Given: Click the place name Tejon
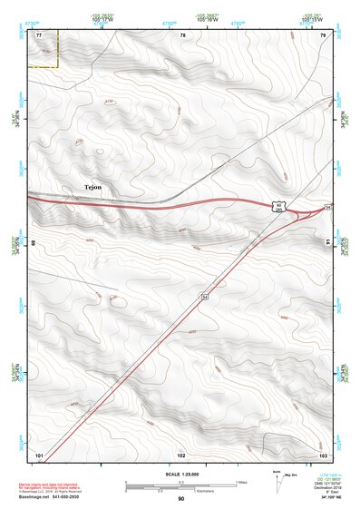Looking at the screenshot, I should point(92,187).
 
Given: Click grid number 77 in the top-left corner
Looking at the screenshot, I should point(39,34).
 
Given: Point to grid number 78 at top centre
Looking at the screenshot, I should point(182,34).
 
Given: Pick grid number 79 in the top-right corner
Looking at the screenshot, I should point(322,34).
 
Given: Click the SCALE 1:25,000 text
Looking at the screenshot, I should point(181,474).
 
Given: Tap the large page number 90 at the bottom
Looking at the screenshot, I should point(181,500).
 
